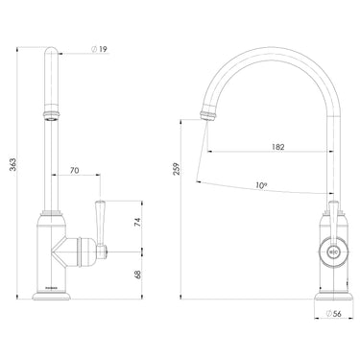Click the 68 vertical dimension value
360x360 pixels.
click(137, 276)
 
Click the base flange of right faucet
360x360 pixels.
click(333, 292)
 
